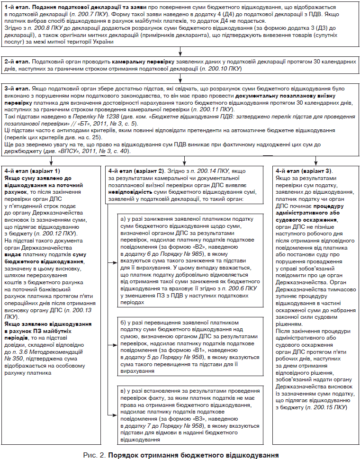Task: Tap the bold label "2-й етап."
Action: point(17,62)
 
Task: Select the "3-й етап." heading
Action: point(17,89)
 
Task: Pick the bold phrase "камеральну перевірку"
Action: point(141,62)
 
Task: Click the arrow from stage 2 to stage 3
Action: point(180,79)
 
